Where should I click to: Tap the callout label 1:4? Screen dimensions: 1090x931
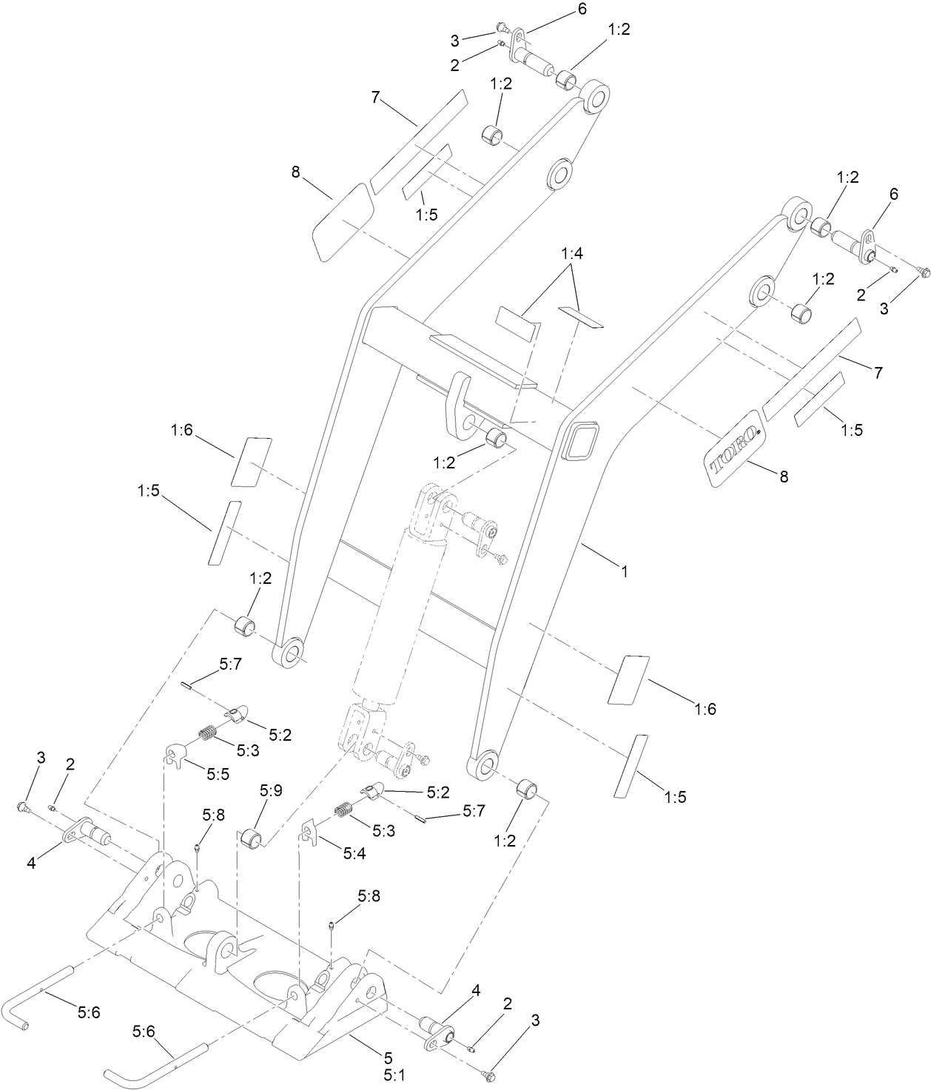(572, 254)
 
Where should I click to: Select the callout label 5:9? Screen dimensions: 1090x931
(271, 790)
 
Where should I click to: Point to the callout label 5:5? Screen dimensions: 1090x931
(218, 774)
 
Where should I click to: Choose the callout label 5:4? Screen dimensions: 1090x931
(354, 853)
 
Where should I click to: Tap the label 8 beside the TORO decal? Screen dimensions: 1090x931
(782, 477)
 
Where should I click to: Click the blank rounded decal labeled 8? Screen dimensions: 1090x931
(341, 221)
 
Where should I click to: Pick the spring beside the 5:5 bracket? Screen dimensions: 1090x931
(207, 733)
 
